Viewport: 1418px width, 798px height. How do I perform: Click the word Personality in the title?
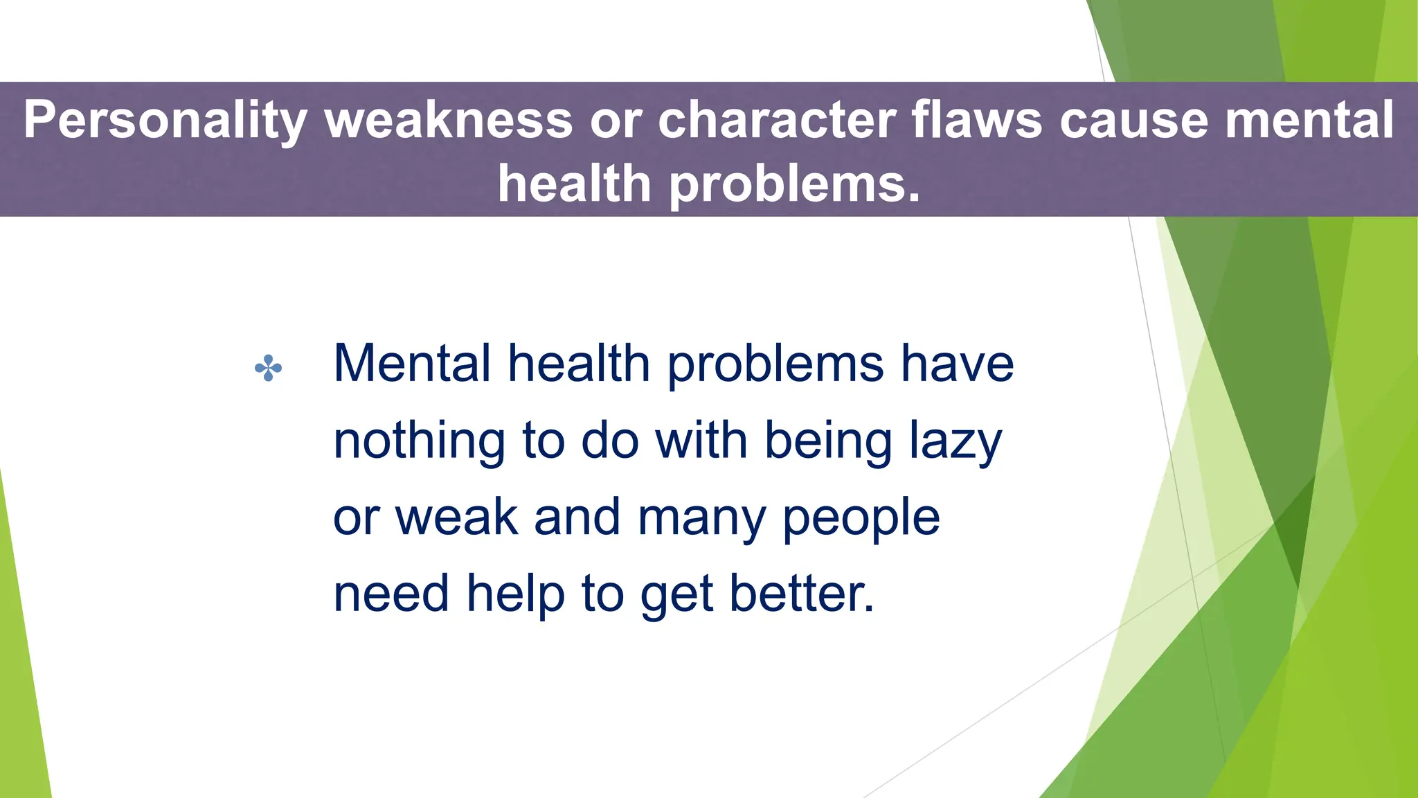tap(165, 120)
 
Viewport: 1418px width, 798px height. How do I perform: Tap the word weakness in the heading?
tap(449, 120)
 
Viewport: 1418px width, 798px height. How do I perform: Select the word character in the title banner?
tap(777, 120)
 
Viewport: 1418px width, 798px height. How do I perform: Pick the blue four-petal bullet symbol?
tap(268, 368)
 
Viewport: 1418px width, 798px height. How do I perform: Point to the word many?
tap(701, 517)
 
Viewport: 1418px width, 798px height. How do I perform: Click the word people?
tap(861, 517)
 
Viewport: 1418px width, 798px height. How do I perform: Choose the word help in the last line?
tap(515, 594)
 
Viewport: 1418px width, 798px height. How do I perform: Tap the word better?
tap(802, 594)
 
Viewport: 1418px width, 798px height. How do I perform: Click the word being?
tap(828, 441)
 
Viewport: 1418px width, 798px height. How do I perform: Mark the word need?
tap(391, 594)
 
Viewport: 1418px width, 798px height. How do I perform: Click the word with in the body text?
tap(701, 441)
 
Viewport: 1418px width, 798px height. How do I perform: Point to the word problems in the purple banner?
tap(795, 184)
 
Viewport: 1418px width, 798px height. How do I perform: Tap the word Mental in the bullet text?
tap(412, 364)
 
